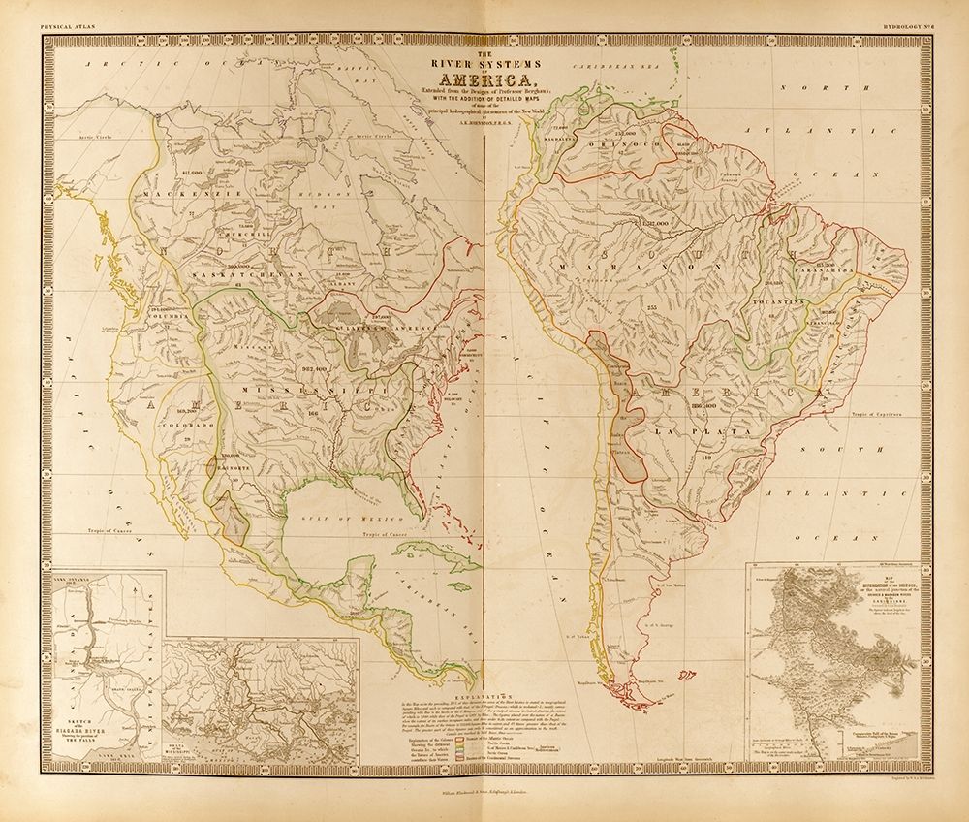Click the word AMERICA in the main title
point(484,79)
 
